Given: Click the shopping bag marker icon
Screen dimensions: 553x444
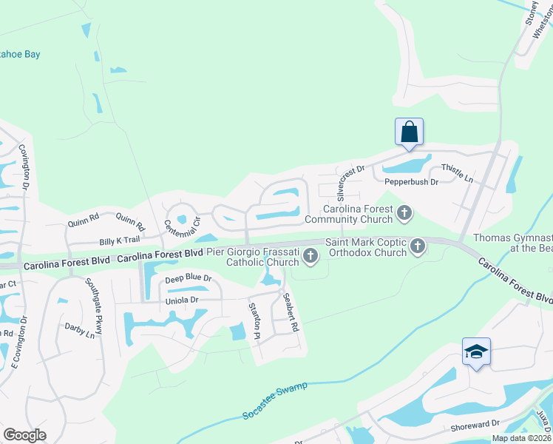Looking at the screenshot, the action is tap(409, 133).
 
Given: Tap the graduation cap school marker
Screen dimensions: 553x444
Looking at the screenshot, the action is tap(476, 352).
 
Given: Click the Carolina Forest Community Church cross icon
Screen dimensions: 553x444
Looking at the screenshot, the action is tap(404, 214).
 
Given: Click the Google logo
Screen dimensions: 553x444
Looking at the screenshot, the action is tap(24, 434).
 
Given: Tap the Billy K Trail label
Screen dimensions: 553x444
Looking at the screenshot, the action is tap(120, 240).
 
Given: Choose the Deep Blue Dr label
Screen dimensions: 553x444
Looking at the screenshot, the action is tap(188, 279).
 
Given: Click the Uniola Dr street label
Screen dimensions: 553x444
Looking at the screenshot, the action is tap(182, 300).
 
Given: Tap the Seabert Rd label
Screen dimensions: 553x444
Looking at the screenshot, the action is tap(290, 312).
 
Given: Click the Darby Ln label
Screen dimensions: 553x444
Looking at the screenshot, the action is tap(79, 329).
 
